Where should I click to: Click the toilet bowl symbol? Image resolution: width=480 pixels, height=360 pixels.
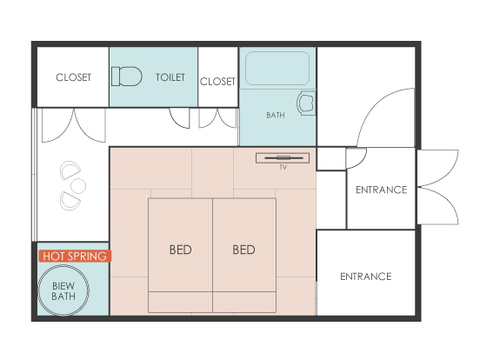[x=126, y=77]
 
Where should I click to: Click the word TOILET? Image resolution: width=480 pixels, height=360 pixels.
[x=170, y=77]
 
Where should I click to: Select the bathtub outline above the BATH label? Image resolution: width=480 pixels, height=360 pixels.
[x=277, y=69]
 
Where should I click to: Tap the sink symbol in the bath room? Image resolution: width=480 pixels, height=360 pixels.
[x=306, y=103]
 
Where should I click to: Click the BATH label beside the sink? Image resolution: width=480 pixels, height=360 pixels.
[x=276, y=116]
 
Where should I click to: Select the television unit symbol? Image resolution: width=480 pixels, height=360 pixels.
[x=283, y=158]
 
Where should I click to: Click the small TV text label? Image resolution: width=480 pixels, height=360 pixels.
[x=283, y=167]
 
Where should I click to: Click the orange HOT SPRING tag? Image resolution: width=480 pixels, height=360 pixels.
[x=75, y=256]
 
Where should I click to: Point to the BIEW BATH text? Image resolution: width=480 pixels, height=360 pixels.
[x=63, y=291]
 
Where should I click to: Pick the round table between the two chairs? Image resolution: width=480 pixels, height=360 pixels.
[x=78, y=186]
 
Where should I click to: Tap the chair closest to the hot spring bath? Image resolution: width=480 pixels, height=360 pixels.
[x=70, y=201]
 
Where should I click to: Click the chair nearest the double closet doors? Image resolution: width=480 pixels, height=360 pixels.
[x=70, y=170]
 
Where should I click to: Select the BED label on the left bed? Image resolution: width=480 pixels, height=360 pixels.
[x=181, y=250]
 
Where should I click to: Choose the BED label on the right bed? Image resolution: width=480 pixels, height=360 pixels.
[x=243, y=250]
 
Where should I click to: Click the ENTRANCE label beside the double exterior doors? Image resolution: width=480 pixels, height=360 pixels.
[x=381, y=190]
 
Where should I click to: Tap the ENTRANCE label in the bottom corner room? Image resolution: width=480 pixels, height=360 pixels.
[x=366, y=277]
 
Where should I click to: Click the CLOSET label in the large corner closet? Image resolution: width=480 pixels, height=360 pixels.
[x=73, y=77]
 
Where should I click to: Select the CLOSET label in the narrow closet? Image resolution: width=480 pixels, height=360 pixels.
[x=217, y=82]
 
